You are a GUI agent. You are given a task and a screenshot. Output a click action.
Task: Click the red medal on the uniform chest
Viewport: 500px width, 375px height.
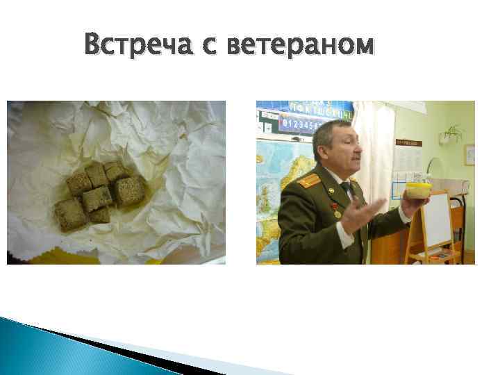334,207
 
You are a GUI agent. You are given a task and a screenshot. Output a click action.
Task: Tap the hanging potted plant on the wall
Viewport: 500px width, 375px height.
453,132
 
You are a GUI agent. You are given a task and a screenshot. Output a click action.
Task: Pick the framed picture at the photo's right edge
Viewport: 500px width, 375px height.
469,155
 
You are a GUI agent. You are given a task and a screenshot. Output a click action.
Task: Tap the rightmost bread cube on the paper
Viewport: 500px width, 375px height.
130,190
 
